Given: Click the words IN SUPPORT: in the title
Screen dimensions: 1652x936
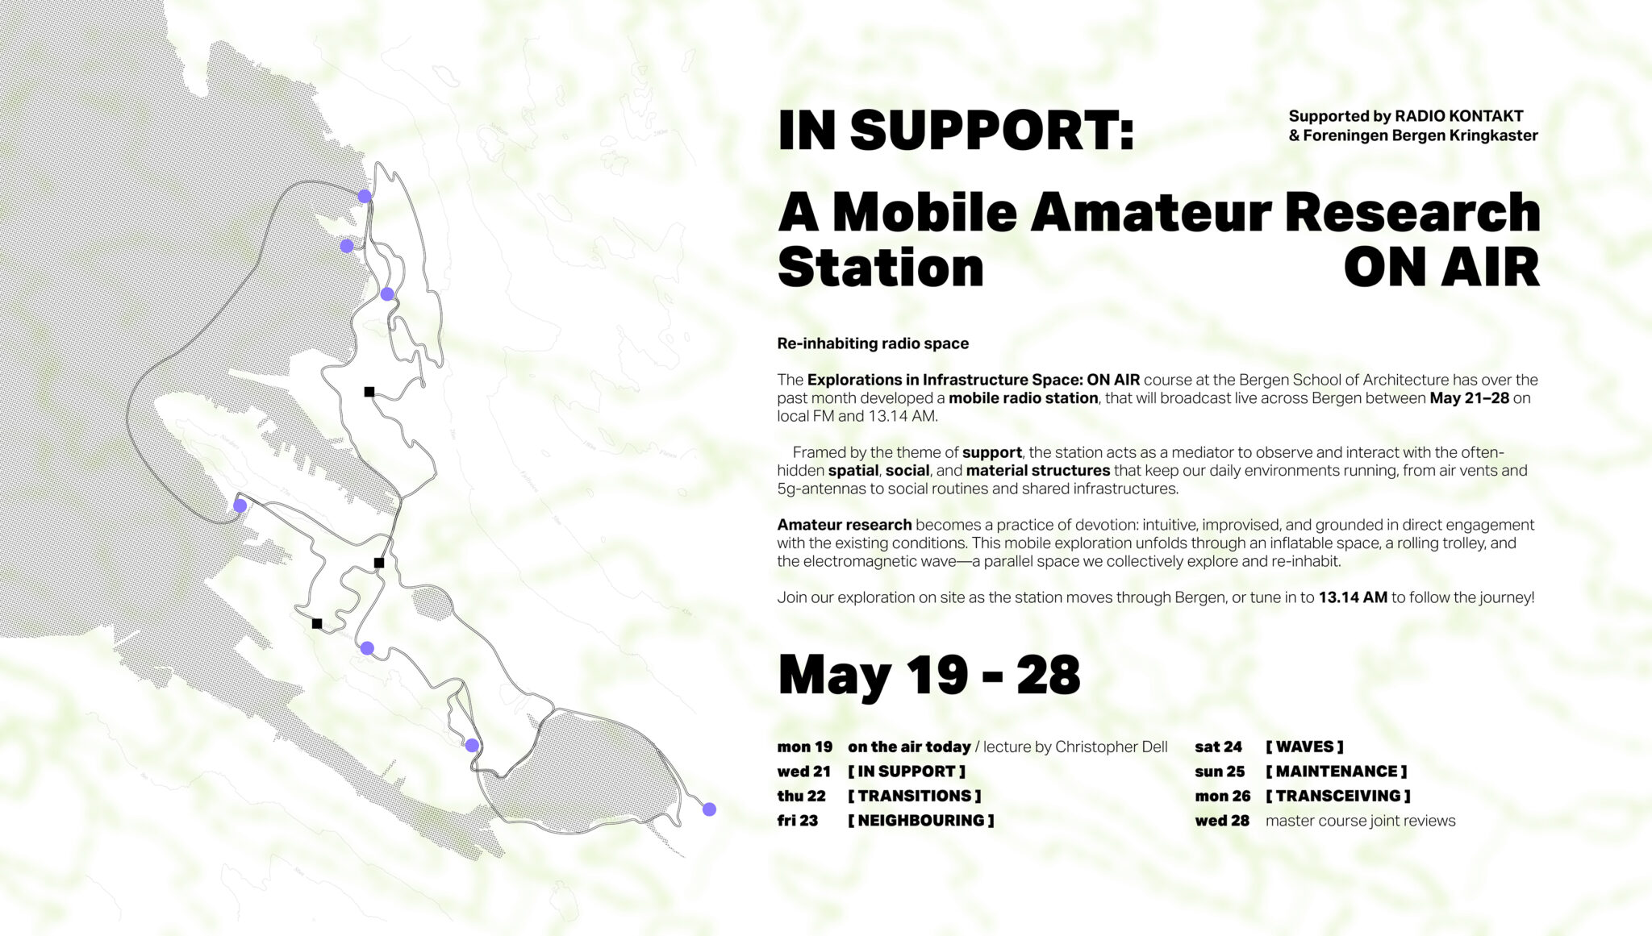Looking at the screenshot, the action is (x=956, y=131).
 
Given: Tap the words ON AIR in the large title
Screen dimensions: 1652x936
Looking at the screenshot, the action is (x=1441, y=268).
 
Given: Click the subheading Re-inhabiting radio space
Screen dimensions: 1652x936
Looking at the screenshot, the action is (x=873, y=343).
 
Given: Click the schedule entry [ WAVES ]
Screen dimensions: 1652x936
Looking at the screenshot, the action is (x=1304, y=747).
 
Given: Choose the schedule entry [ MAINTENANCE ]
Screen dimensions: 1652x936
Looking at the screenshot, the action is (x=1336, y=772).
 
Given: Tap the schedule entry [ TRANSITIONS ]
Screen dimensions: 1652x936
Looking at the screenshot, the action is (x=914, y=796).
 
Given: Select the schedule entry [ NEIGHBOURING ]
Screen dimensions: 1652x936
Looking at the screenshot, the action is (x=920, y=821).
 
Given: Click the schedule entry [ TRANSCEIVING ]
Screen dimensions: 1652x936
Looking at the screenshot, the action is (x=1337, y=796).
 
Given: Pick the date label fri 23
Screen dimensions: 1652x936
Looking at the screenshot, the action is (x=798, y=821).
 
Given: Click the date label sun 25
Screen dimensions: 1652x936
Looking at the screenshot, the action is (x=1220, y=772).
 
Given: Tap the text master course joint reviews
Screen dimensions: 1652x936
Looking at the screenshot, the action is (x=1361, y=821).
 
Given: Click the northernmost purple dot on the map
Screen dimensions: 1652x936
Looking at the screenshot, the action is (x=365, y=197).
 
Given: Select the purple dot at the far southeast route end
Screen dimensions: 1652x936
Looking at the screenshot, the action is (x=709, y=809).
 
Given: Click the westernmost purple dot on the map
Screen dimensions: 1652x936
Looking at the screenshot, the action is (x=240, y=506).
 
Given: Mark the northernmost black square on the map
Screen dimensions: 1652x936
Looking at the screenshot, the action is (x=369, y=392).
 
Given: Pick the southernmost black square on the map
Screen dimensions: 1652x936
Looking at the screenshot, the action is (x=317, y=623).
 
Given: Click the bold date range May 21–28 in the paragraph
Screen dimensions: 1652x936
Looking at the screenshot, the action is (x=1469, y=398).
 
